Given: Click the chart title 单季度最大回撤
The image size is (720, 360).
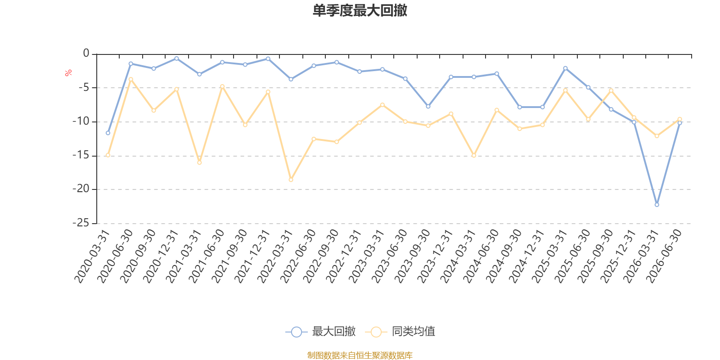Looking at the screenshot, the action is point(360,10).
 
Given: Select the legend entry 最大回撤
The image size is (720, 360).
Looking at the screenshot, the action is point(320,331).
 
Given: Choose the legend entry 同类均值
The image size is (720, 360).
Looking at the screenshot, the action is point(400,331).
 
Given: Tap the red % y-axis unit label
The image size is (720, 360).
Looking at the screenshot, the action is point(68,73).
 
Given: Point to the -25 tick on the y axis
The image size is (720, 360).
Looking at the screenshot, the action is point(81,223).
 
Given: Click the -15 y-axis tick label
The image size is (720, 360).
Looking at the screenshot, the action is point(81,155).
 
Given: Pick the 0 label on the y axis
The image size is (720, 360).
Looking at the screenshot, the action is point(86,53).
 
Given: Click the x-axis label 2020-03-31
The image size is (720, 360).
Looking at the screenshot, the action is point(92,256).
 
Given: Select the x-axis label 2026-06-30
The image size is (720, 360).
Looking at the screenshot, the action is point(664,256).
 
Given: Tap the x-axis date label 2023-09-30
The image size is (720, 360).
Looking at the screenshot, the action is point(412,256).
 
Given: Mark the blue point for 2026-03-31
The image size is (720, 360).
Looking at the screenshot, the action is point(657,204).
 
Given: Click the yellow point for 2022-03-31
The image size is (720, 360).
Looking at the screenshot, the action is point(291,180).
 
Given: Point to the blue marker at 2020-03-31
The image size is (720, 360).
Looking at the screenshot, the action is point(108,133).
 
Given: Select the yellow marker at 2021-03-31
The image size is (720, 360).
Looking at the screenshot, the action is point(199,162).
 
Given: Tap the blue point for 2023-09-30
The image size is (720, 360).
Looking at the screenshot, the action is point(428,106).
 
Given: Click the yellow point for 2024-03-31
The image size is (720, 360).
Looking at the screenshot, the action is point(474,156).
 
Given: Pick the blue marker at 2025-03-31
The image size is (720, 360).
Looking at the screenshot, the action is point(565,68).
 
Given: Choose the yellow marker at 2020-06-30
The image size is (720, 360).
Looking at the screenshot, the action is point(131,79).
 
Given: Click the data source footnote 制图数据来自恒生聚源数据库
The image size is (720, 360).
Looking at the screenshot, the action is point(360,355).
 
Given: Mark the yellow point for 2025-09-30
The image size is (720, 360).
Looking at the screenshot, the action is point(611,90).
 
